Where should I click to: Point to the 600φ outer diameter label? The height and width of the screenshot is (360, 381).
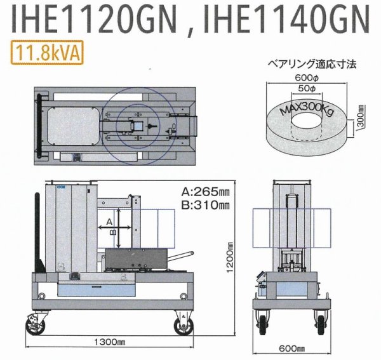(x=306, y=77)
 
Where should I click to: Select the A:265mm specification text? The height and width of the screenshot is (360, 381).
(x=208, y=191)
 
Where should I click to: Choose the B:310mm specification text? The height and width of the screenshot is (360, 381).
(x=208, y=204)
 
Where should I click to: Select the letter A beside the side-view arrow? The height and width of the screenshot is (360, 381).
(x=109, y=220)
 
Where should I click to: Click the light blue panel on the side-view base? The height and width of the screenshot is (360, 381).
(x=95, y=290)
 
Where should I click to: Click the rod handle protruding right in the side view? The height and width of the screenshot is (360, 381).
(x=179, y=256)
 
